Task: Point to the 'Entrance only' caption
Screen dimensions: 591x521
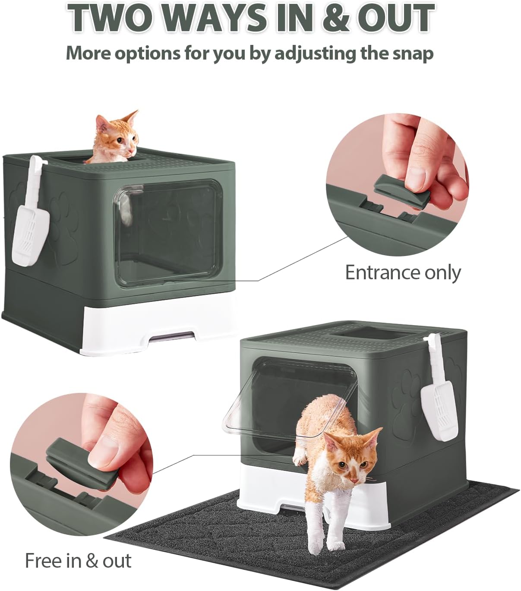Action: pos(403,272)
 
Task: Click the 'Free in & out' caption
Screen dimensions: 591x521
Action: pos(78,560)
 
